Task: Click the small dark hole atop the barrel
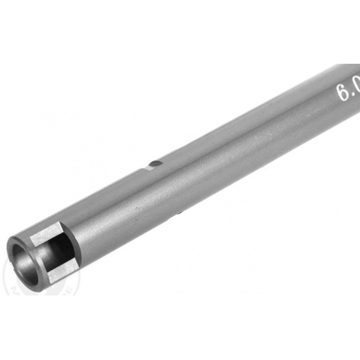click(154, 163)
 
